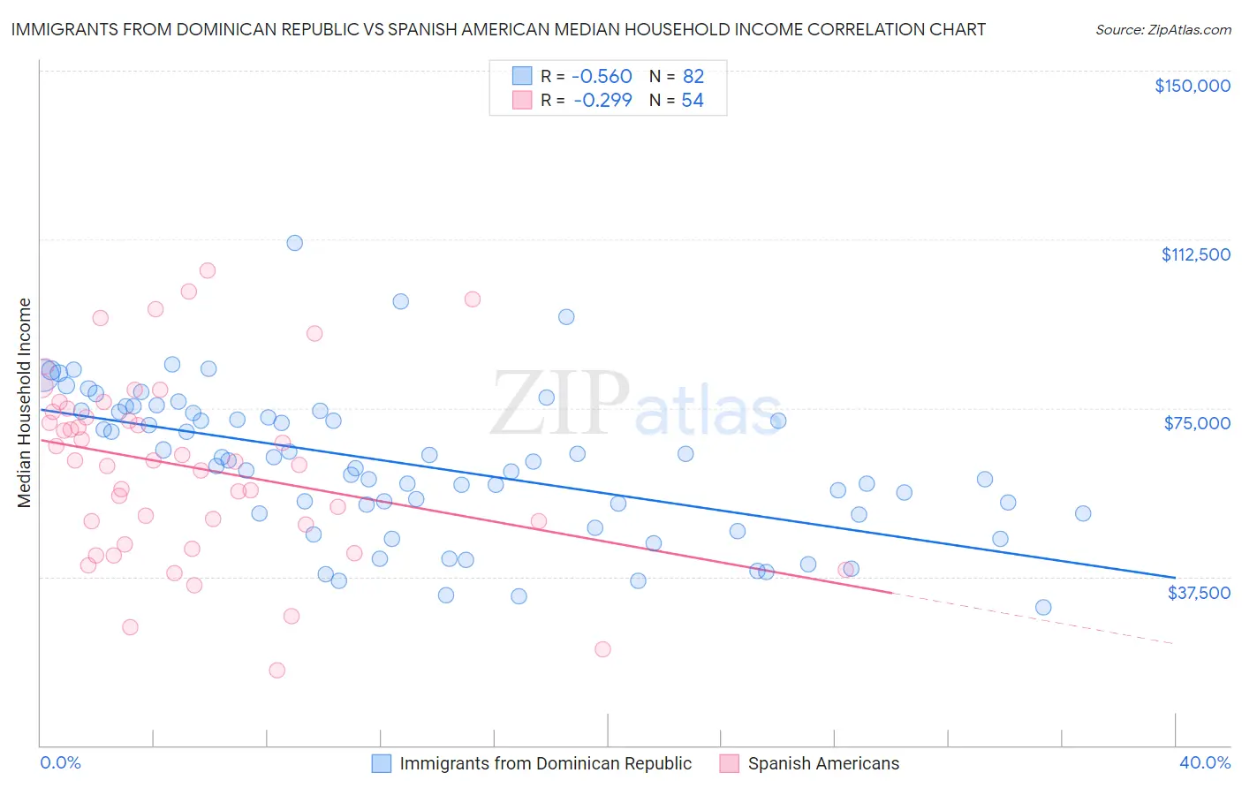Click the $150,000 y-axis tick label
pyautogui.click(x=1192, y=86)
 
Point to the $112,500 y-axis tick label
pyautogui.click(x=1195, y=254)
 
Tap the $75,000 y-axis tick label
pyautogui.click(x=1197, y=423)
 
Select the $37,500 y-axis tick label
pyautogui.click(x=1199, y=593)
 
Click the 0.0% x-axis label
pyautogui.click(x=60, y=762)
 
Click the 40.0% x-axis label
pyautogui.click(x=1205, y=762)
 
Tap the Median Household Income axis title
pyautogui.click(x=24, y=403)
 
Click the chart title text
pyautogui.click(x=498, y=29)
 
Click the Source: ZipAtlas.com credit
pyautogui.click(x=1162, y=29)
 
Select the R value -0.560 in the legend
pyautogui.click(x=602, y=77)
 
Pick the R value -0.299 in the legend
pyautogui.click(x=602, y=101)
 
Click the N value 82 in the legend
pyautogui.click(x=693, y=77)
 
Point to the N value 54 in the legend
pyautogui.click(x=693, y=101)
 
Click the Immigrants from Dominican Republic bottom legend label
pyautogui.click(x=545, y=763)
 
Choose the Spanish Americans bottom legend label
pyautogui.click(x=823, y=763)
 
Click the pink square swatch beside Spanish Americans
pyautogui.click(x=729, y=763)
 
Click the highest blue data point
pyautogui.click(x=295, y=243)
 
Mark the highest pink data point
pyautogui.click(x=208, y=270)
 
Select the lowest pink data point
pyautogui.click(x=277, y=671)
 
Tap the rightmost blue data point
pyautogui.click(x=1083, y=513)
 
